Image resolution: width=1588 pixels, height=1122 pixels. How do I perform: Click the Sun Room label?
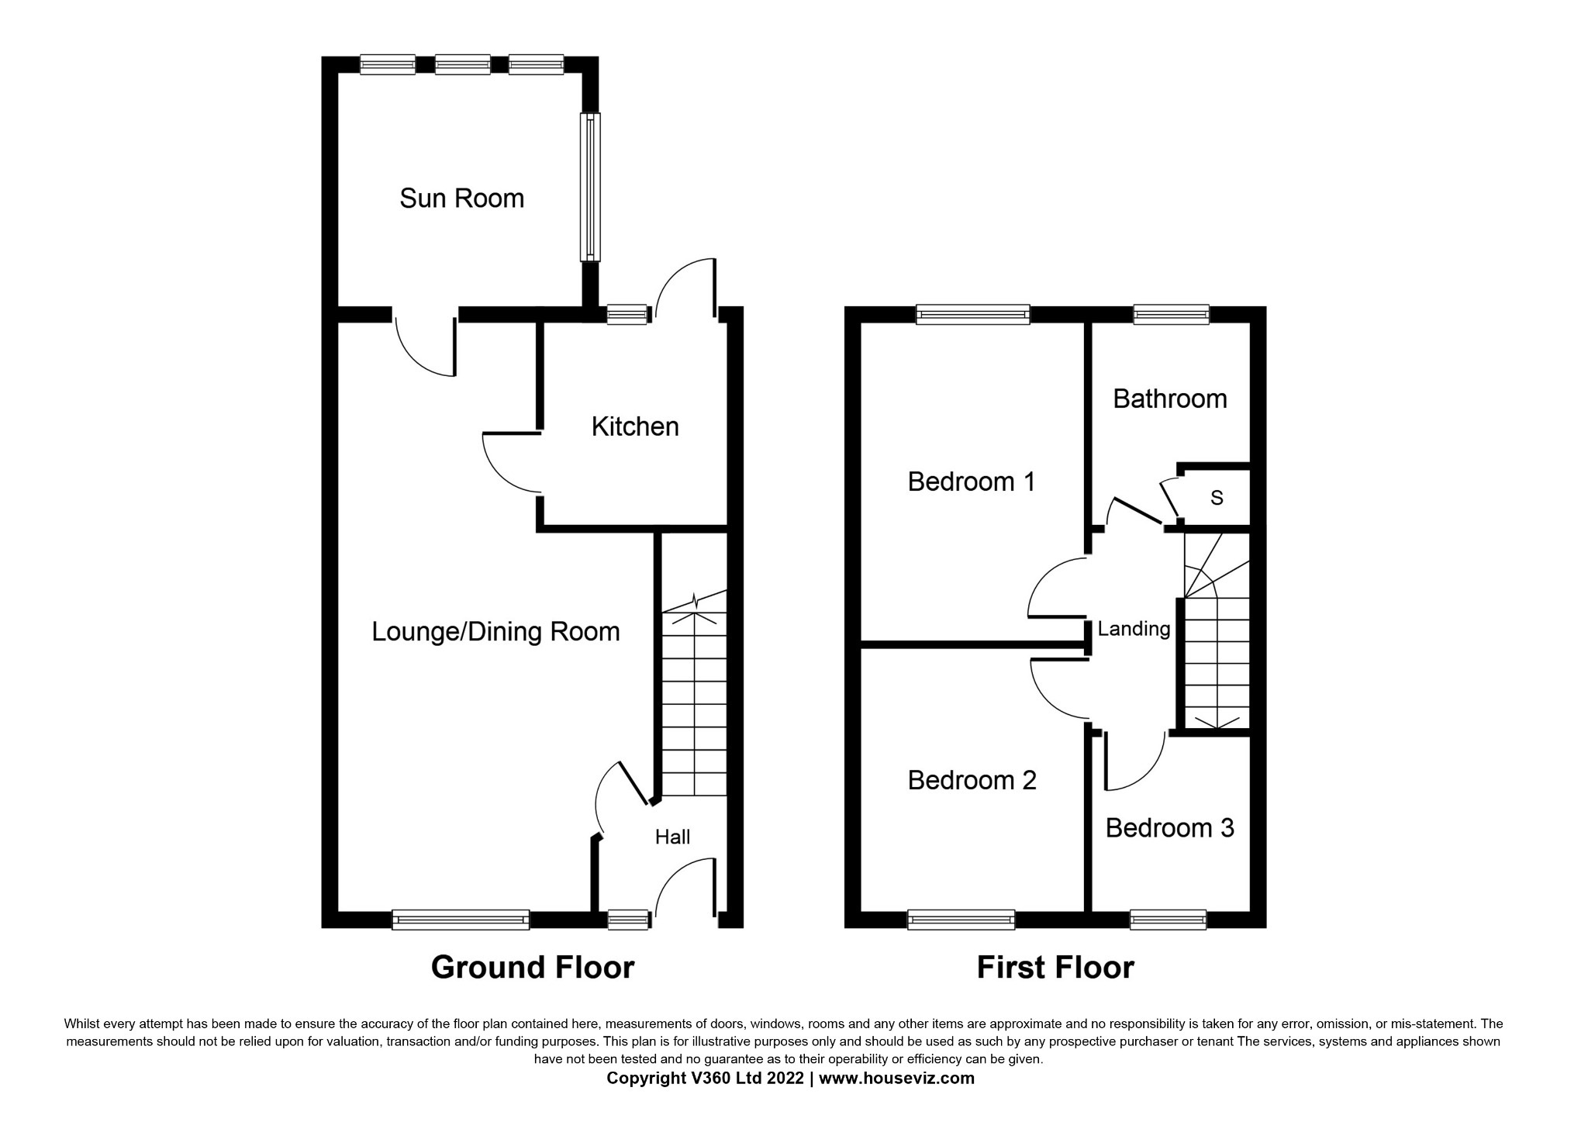461,199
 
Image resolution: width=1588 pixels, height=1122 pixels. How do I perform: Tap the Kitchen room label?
635,426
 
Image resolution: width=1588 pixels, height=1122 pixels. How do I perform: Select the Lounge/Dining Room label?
495,632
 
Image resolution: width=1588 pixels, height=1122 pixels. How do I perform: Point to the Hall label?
672,837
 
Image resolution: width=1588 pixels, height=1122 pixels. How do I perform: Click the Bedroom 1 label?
972,482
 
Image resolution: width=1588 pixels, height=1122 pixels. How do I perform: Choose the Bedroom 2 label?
972,780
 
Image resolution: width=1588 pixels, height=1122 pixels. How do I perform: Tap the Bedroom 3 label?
1169,828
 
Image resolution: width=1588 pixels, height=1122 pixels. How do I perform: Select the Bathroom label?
1169,399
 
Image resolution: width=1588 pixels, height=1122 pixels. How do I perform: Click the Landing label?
1134,629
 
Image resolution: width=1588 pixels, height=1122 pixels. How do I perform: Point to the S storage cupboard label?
1217,498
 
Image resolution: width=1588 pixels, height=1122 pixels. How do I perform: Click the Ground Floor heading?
533,968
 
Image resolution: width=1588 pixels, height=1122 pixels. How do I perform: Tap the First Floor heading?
1055,968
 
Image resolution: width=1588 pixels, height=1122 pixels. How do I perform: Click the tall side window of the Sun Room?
590,187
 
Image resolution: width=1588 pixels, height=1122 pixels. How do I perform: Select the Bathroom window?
1171,314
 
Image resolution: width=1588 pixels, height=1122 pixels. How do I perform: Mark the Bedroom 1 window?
973,314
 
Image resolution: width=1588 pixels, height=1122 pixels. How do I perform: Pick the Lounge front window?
461,920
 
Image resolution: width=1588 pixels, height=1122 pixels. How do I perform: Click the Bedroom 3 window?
1168,920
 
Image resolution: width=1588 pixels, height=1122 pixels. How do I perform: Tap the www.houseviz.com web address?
896,1078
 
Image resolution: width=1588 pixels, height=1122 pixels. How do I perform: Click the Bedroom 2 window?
961,920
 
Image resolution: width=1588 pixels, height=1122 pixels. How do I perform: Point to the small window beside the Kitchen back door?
627,314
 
